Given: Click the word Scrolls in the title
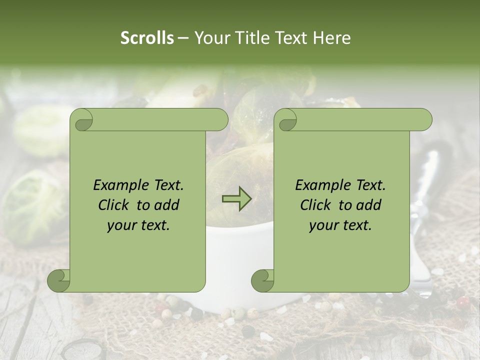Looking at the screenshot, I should point(147,38).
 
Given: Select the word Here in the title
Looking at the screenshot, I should point(332,38).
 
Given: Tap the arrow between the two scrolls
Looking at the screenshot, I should point(236,199).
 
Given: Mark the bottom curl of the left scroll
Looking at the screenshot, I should point(59,280).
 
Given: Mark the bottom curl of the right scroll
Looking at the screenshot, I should point(263,280).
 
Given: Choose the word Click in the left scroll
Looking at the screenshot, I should point(114,205).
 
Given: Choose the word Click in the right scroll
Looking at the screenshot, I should point(316,205).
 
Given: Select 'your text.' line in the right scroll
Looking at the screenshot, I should point(340,225).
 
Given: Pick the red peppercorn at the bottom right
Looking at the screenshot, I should point(462,301).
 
